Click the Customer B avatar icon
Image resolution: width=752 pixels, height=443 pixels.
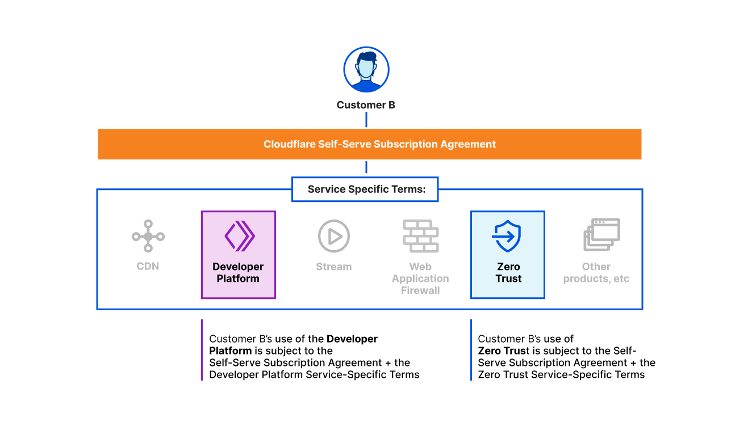point(366,69)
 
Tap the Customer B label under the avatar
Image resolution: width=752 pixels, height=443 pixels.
point(366,105)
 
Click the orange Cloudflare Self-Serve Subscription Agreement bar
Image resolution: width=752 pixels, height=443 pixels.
point(370,144)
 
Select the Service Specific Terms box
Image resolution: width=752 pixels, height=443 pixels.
point(365,189)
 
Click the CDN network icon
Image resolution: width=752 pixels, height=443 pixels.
point(148,236)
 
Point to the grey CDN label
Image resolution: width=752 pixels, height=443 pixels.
point(148,266)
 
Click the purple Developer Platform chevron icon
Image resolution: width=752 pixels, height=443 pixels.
point(240,236)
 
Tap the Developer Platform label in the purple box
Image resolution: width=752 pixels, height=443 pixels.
point(238,273)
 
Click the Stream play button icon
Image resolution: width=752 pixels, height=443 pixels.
point(334,236)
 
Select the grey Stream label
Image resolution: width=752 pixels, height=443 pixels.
point(334,267)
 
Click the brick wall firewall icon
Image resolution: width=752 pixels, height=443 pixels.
point(421,236)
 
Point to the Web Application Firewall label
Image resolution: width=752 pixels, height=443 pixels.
point(420,279)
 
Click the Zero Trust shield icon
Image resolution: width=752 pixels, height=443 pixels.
point(507,236)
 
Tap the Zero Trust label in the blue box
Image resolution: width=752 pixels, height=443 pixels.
point(508,273)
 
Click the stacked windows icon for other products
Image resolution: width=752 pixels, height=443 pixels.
point(602,235)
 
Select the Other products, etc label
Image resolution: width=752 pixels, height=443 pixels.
point(596,273)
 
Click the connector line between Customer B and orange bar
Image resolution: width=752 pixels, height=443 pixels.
point(366,120)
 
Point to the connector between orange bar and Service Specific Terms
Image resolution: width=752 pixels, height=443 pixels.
point(366,167)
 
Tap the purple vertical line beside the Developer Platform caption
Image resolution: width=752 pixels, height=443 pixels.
point(202,350)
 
